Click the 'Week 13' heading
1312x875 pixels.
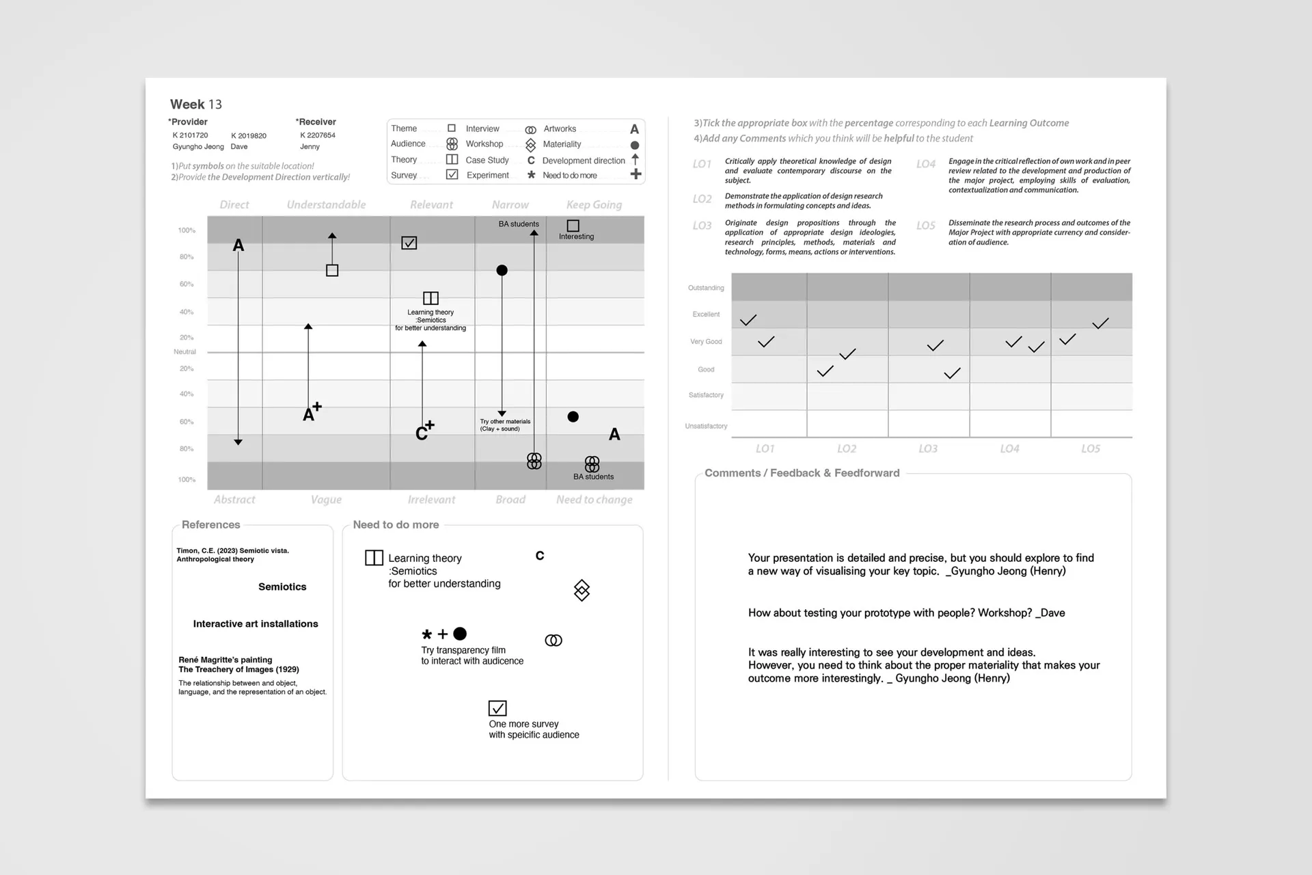coord(196,104)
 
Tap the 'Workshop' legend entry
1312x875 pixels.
coord(484,144)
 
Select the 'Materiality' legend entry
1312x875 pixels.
coord(561,144)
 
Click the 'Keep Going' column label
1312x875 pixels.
coord(594,204)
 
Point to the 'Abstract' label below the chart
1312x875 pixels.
coord(234,500)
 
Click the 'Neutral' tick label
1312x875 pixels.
coord(184,352)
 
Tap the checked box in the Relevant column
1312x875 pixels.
coord(409,243)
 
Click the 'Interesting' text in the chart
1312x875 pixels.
coord(576,237)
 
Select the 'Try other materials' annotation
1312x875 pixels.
coord(505,425)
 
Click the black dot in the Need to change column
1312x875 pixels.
coord(573,417)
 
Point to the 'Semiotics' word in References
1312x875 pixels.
coord(282,587)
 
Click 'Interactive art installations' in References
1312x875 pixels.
coord(256,623)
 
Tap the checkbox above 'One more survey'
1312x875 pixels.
coord(497,708)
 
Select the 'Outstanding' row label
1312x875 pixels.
coord(706,288)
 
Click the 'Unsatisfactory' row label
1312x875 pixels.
coord(706,426)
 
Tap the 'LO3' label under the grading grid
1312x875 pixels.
coord(927,448)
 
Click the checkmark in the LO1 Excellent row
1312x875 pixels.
coord(748,320)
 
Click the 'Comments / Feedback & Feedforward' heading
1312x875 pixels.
coord(802,473)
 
